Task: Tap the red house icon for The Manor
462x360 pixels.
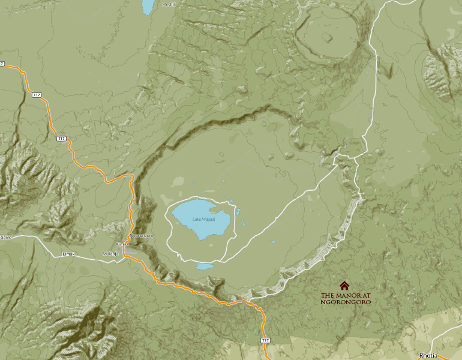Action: click(x=344, y=286)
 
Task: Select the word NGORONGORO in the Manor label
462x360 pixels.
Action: click(x=346, y=302)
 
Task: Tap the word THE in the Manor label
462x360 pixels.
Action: click(x=327, y=296)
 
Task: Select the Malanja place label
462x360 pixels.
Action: click(x=111, y=254)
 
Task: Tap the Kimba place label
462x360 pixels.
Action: click(x=122, y=244)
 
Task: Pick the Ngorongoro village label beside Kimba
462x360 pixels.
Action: click(x=143, y=236)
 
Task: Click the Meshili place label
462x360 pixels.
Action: click(x=169, y=4)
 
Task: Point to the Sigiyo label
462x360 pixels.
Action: click(x=6, y=237)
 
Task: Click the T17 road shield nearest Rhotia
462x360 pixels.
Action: click(x=266, y=340)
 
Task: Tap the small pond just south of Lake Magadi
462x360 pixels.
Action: click(x=205, y=266)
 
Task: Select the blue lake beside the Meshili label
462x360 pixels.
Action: click(x=148, y=7)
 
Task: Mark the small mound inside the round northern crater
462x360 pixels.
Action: click(x=326, y=37)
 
